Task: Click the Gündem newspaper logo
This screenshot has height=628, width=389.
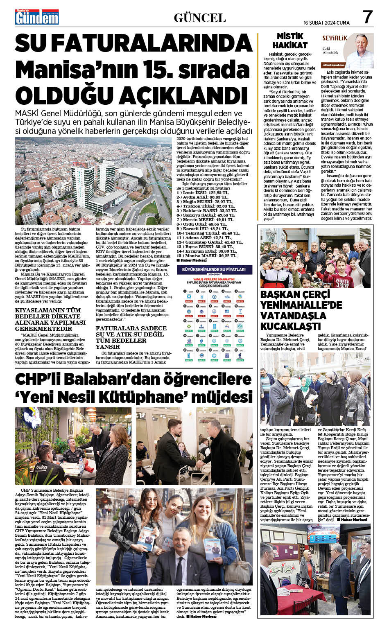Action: [37, 17]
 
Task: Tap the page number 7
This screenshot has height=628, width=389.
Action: [368, 17]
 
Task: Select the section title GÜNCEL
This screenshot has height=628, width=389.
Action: [199, 18]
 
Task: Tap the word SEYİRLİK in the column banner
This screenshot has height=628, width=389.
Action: [335, 38]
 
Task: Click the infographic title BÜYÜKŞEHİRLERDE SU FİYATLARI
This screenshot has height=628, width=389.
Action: [214, 269]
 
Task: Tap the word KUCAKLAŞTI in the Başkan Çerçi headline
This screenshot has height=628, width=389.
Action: [291, 326]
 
